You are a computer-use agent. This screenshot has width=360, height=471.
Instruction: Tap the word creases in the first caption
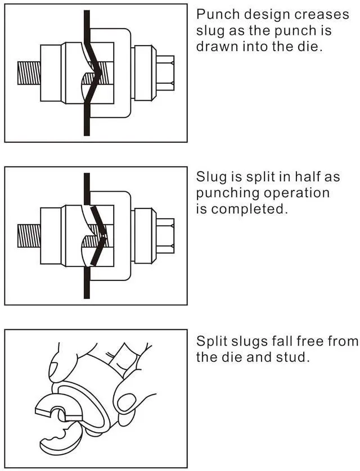pos(326,14)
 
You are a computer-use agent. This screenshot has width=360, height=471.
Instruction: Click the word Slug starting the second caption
pos(211,177)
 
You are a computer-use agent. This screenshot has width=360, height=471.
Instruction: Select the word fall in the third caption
pos(276,341)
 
